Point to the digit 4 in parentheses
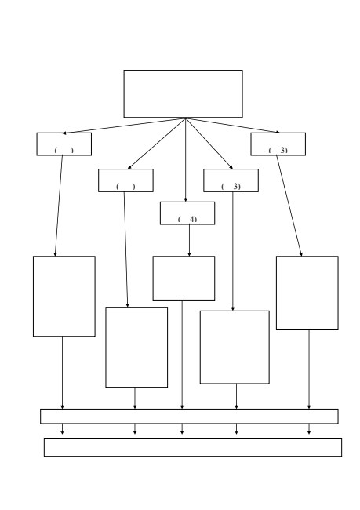pos(193,219)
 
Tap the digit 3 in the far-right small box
pos(283,150)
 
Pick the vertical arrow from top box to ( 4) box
pos(186,160)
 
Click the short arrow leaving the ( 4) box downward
pos(189,240)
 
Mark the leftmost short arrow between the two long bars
pos(63,429)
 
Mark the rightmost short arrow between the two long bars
pos(309,429)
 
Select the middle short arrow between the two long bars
pos(182,429)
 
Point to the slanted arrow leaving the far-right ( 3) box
pos(289,206)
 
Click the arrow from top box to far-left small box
pos(124,126)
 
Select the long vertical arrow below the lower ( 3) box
pos(233,251)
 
